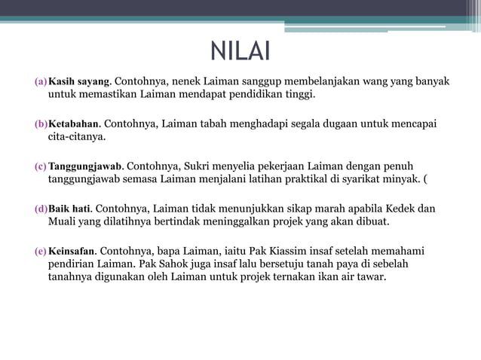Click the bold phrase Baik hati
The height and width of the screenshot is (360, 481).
pyautogui.click(x=69, y=208)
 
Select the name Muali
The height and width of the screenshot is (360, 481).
pyautogui.click(x=63, y=221)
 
